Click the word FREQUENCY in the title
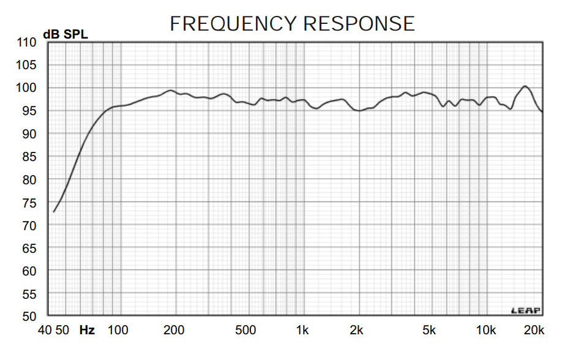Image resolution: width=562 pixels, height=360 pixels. coord(233,23)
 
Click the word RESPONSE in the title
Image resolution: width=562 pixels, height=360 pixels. coord(359,23)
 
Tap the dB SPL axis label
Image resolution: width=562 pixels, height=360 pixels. coord(66,34)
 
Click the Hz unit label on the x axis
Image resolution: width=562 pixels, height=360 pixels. coord(87,331)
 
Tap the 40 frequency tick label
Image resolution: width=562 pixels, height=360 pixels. coord(45,331)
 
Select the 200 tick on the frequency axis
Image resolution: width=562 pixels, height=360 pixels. coord(174,331)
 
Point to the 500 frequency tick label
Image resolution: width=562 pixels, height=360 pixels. coord(245,331)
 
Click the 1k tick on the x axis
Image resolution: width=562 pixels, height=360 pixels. coord(302,331)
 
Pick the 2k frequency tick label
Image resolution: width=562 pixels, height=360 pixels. coord(357,331)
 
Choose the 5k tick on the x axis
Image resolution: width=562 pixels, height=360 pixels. coord(429,331)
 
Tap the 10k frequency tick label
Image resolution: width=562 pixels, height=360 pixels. coord(486,331)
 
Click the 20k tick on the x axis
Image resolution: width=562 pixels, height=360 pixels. coord(534,331)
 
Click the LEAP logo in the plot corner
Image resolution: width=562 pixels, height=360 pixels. coord(526,310)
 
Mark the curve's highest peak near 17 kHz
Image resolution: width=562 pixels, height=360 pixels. coord(525,86)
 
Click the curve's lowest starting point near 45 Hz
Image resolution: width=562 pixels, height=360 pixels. coord(54,212)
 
